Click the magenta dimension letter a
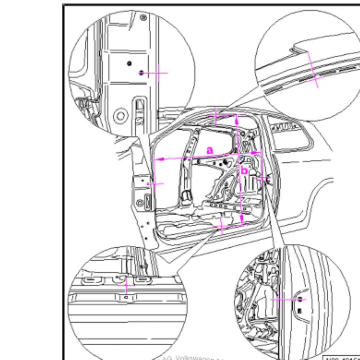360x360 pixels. coord(210,149)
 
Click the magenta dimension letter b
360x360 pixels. coord(244,170)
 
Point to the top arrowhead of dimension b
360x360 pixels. coord(237,119)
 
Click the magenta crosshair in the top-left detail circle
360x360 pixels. coord(157,73)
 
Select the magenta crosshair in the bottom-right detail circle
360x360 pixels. coord(279,299)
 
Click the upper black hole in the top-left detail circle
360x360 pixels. coord(129,64)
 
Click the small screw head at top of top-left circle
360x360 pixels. coord(143,17)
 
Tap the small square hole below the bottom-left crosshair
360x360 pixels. coord(126,297)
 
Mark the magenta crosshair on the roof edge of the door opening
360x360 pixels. coord(215,116)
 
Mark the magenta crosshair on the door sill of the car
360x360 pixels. coord(221,226)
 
